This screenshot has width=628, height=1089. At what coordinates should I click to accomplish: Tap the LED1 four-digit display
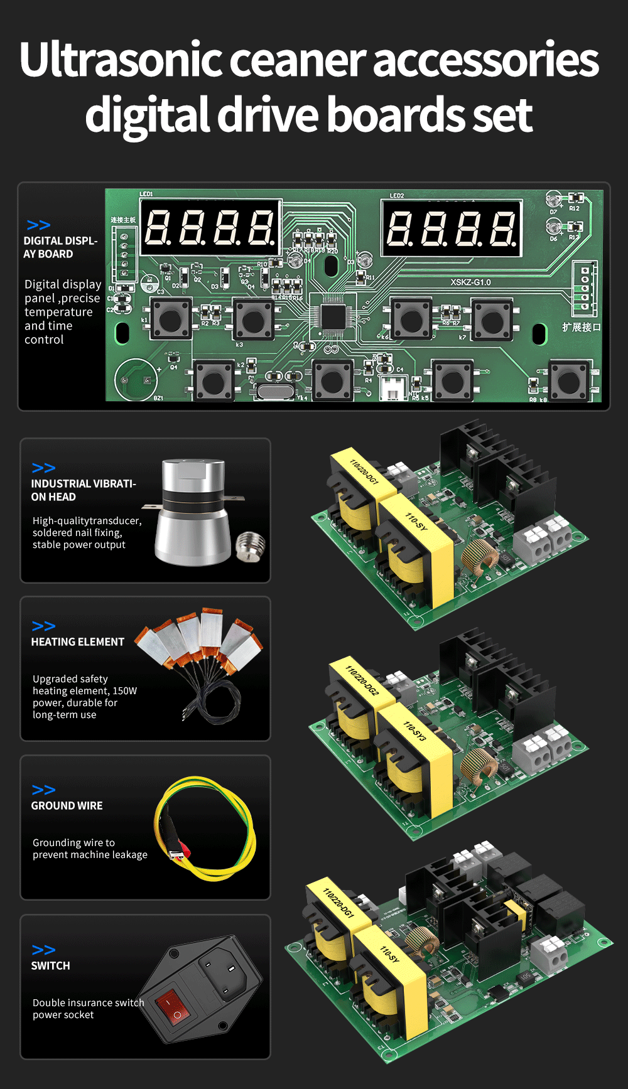pyautogui.click(x=210, y=227)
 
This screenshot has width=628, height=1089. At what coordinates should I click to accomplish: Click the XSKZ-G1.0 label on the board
pyautogui.click(x=470, y=282)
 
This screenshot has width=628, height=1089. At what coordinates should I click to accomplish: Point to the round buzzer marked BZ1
pyautogui.click(x=136, y=380)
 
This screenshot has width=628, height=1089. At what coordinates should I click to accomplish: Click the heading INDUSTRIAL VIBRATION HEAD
pyautogui.click(x=83, y=490)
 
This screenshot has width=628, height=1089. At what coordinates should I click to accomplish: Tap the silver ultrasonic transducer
pyautogui.click(x=192, y=512)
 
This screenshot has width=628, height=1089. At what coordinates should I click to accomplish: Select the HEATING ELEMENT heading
pyautogui.click(x=78, y=641)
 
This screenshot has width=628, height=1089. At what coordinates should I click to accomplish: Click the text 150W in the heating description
pyautogui.click(x=124, y=690)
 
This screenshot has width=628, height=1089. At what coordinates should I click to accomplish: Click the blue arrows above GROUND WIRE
pyautogui.click(x=43, y=790)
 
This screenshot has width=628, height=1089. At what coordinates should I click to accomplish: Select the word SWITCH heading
pyautogui.click(x=51, y=965)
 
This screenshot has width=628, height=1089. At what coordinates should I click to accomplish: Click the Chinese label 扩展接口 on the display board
pyautogui.click(x=581, y=327)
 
